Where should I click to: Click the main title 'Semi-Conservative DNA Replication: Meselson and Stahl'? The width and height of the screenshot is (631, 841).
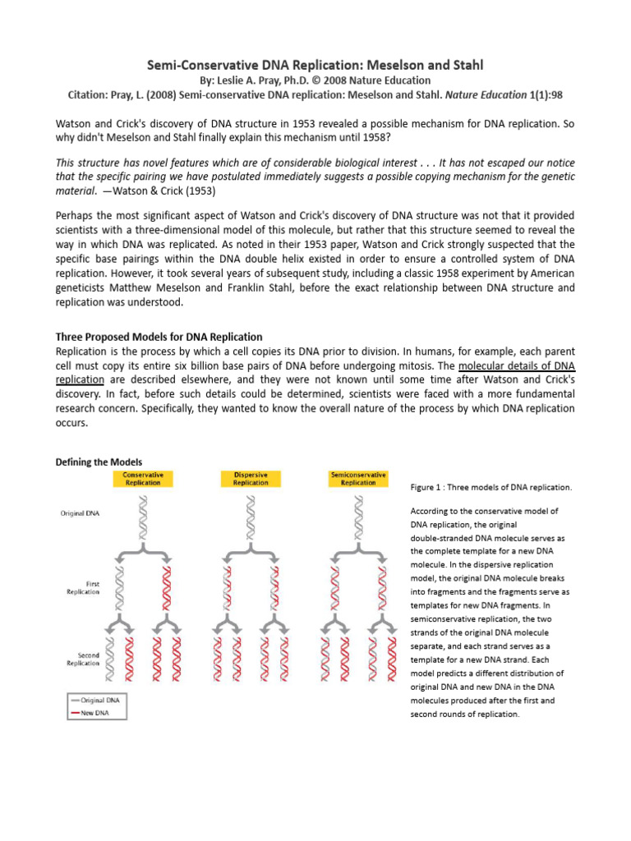coord(315,64)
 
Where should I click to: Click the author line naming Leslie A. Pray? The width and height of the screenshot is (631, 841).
coord(315,80)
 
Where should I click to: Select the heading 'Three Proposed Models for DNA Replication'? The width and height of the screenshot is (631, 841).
coord(159,337)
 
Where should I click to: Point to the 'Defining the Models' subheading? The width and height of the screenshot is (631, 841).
coord(99,462)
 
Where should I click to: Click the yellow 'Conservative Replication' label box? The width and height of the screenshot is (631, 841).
coord(143,479)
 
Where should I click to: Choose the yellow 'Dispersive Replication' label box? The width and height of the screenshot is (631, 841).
coord(250,479)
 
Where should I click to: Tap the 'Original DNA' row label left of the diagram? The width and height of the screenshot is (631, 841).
coord(81,513)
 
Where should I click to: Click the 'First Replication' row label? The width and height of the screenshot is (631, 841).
coord(83,587)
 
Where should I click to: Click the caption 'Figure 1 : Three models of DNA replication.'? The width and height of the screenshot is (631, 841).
coord(491,487)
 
